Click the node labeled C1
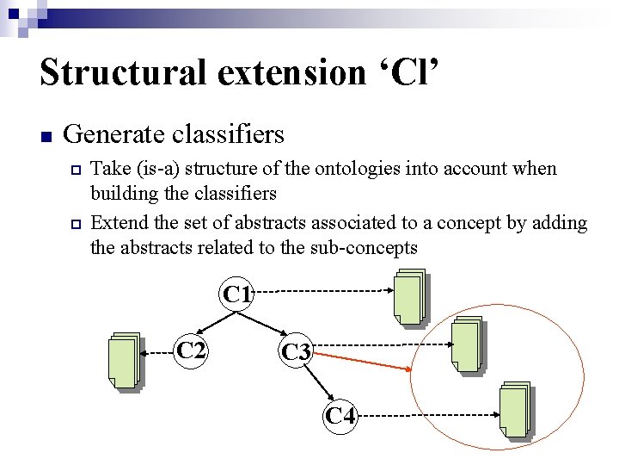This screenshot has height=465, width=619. (x=237, y=294)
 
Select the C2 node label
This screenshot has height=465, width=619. (x=191, y=350)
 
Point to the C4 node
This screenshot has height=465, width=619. (x=340, y=415)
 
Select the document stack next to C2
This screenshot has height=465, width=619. (x=125, y=360)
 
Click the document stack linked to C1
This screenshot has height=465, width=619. (x=409, y=298)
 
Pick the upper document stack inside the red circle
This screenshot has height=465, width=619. (x=467, y=346)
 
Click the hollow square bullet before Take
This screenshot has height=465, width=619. (x=76, y=170)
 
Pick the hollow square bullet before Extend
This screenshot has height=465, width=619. (x=76, y=224)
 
